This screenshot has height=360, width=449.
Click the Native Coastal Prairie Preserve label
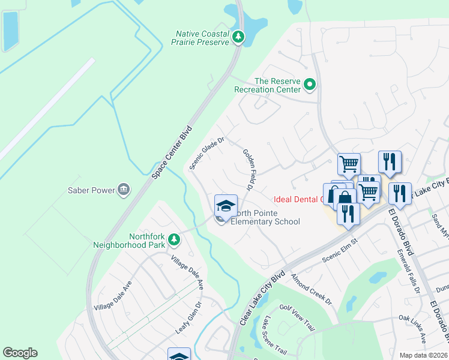(x=203, y=38)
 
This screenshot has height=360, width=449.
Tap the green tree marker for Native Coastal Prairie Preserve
(x=238, y=37)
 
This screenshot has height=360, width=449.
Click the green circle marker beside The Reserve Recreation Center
(x=310, y=85)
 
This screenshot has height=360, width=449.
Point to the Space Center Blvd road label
(x=172, y=152)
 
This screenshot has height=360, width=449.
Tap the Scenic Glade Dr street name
(x=207, y=154)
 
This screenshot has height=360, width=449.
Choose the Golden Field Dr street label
(x=247, y=170)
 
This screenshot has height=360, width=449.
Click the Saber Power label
(x=91, y=191)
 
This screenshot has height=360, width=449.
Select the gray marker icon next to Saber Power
(x=124, y=190)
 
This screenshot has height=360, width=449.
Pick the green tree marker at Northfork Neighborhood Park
(x=174, y=240)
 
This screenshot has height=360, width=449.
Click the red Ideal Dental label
(x=298, y=200)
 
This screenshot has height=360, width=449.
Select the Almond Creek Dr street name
(x=311, y=290)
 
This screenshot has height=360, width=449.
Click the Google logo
(x=20, y=353)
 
